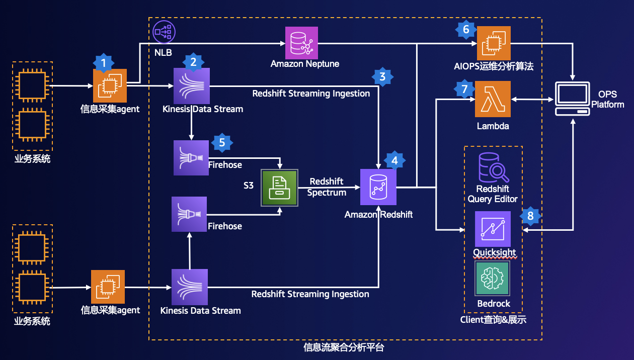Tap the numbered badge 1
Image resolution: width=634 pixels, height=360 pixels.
tap(104, 63)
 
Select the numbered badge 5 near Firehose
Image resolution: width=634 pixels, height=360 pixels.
tap(222, 143)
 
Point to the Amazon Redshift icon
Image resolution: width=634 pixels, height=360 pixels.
tap(378, 187)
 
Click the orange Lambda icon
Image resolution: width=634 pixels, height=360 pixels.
tap(493, 99)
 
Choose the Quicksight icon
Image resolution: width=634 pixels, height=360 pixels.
tap(493, 229)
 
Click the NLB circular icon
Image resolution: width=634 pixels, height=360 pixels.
tap(163, 31)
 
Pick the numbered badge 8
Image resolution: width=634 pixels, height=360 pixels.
tap(530, 216)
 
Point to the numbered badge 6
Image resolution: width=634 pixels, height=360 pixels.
tap(466, 30)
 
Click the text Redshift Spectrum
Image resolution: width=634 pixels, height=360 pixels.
tap(328, 187)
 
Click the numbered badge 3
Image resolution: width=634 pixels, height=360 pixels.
tap(382, 77)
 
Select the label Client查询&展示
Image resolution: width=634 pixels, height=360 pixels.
tap(493, 320)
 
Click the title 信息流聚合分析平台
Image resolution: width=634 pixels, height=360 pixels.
tap(345, 347)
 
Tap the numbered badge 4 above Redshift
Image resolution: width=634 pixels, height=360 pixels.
tap(394, 161)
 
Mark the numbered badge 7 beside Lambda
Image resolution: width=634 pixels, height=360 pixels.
tap(464, 89)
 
